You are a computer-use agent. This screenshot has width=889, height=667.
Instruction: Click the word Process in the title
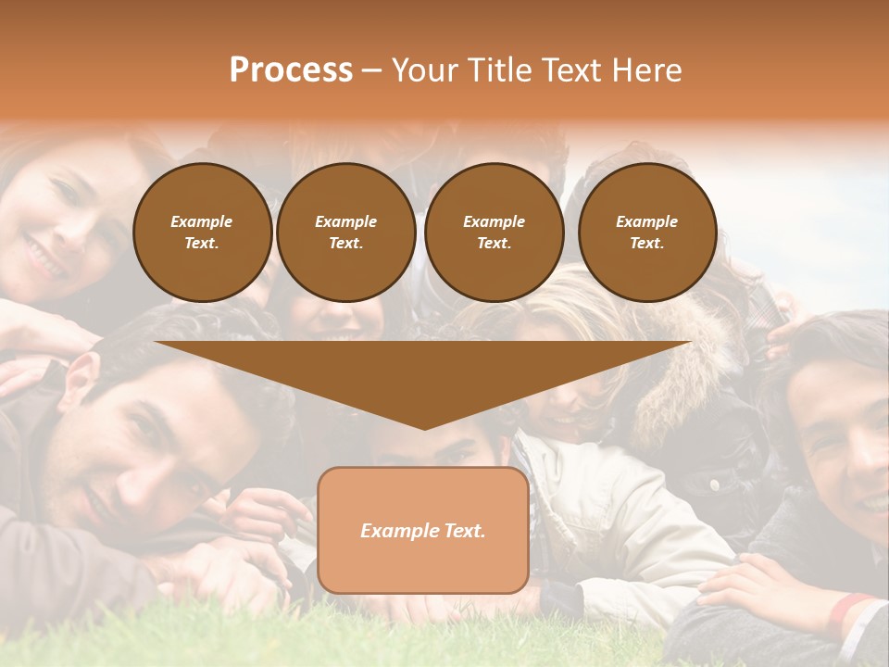click(291, 70)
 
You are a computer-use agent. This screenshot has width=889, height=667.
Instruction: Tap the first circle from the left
click(202, 233)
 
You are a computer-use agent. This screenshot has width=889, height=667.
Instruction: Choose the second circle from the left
click(345, 233)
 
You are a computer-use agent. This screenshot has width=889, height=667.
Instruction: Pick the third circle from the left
click(494, 233)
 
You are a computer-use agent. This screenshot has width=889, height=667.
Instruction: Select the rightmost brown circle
click(646, 233)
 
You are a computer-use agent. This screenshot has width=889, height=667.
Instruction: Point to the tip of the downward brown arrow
click(423, 425)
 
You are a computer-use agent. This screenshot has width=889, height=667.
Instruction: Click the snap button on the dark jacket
click(714, 485)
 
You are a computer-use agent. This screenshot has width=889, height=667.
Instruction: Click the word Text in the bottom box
click(462, 531)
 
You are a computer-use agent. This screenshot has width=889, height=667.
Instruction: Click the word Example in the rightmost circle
click(646, 221)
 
